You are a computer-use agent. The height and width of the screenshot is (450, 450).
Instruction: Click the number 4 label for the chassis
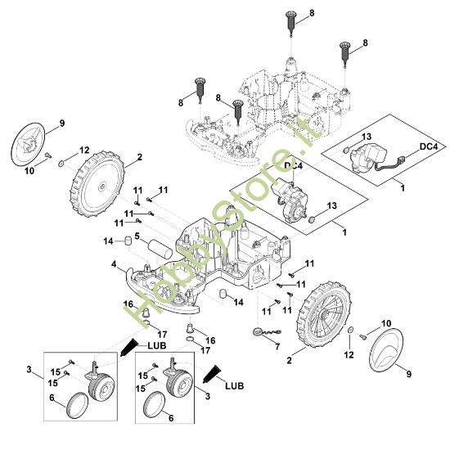click(x=115, y=264)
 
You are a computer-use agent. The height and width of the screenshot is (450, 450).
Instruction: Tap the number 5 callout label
click(x=137, y=236)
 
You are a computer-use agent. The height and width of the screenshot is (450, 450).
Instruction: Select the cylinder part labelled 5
click(x=160, y=250)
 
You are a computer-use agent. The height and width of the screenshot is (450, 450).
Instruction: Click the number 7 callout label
click(x=277, y=347)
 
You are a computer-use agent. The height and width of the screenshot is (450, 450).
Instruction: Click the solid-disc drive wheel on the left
click(x=97, y=183)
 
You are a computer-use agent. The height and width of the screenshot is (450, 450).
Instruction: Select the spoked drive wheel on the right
click(x=324, y=315)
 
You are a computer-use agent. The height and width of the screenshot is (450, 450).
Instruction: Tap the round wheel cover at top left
click(x=28, y=144)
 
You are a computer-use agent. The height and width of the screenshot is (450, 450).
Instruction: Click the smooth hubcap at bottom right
click(x=386, y=349)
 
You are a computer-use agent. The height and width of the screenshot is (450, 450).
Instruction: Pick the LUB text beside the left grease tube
click(x=157, y=345)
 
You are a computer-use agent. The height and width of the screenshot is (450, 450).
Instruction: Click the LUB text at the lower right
click(x=235, y=385)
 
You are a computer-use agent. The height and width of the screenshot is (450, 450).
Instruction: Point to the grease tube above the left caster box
click(x=128, y=347)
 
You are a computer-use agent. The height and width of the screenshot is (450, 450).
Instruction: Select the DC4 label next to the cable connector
click(x=429, y=146)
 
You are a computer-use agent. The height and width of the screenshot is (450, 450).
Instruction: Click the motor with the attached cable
click(x=370, y=158)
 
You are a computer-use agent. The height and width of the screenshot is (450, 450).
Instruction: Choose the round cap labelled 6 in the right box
click(x=154, y=405)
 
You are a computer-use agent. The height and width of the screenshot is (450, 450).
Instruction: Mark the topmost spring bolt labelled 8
click(x=290, y=24)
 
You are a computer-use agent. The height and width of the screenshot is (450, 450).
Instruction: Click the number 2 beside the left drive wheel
click(x=139, y=157)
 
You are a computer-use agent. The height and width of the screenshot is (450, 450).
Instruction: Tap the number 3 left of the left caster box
click(x=29, y=370)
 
